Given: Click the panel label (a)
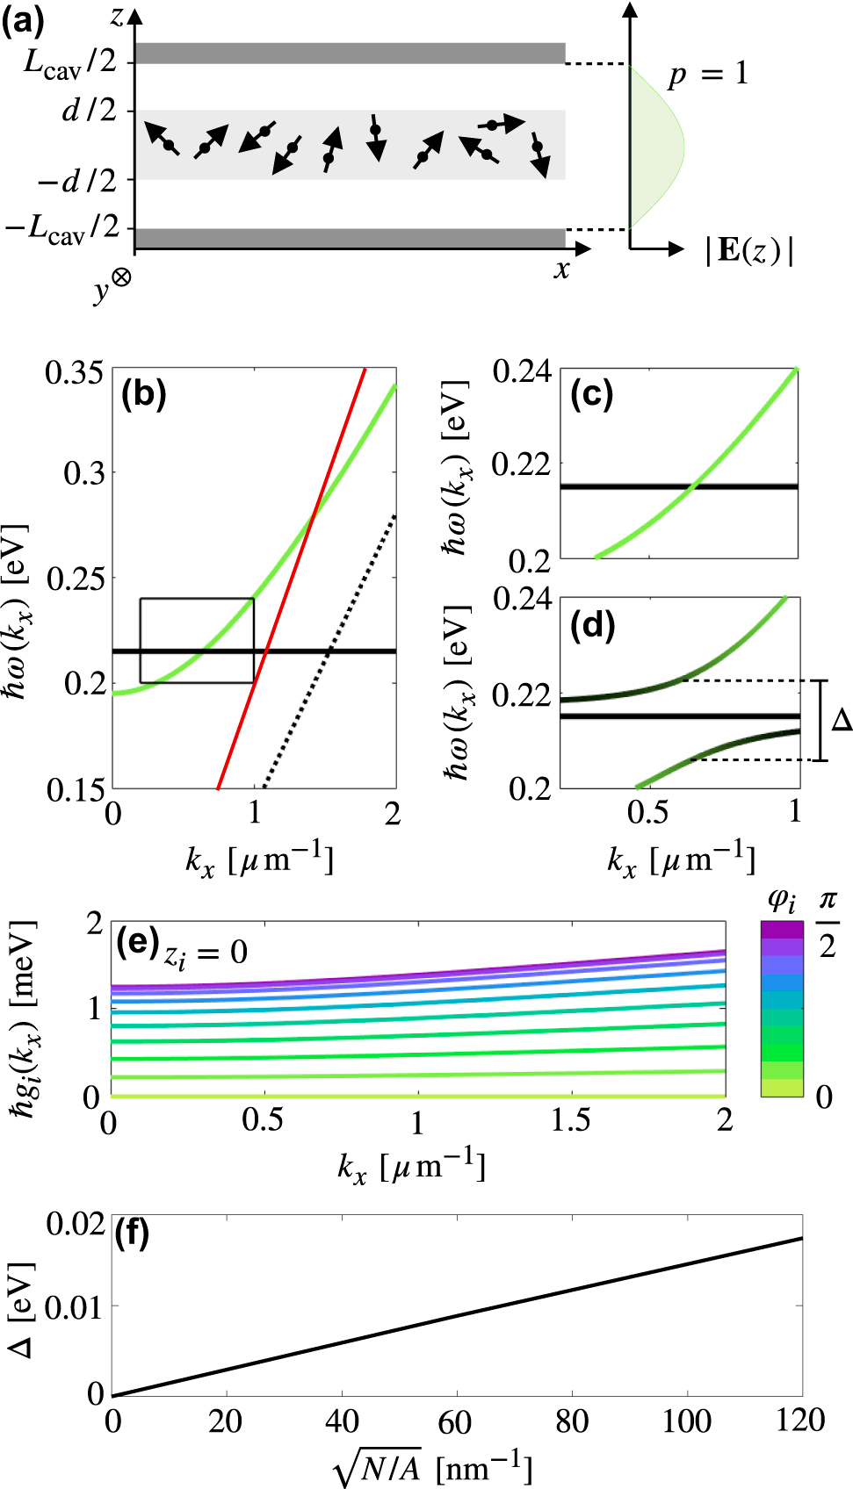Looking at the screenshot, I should coord(22,19).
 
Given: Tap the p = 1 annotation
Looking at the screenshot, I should coord(708,74).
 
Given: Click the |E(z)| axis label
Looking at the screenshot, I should coord(749,251).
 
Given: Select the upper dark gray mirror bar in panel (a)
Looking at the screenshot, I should coord(350,53).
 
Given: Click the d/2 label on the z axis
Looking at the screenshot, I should coord(89,111).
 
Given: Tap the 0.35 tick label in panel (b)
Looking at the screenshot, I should coord(75,373).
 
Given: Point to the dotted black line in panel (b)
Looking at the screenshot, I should coord(329,649).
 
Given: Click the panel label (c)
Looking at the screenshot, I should coord(591,394).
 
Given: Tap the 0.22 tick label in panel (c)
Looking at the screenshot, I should coord(521,464).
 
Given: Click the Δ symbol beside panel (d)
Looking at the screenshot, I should coord(841,720).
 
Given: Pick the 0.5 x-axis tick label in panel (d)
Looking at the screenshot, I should coord(647,812).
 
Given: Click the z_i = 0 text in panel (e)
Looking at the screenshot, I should coord(206,954).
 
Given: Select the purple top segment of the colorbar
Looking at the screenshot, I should coord(782,929).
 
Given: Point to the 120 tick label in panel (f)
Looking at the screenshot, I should coord(799,1420).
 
